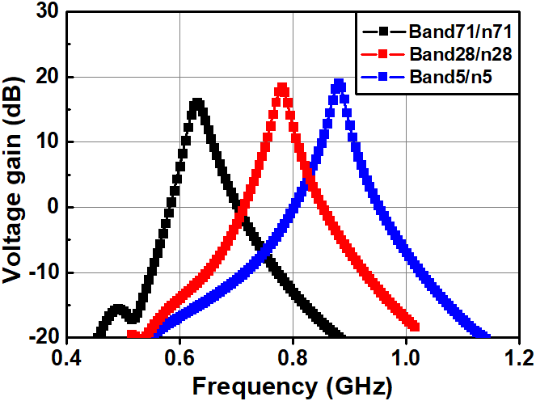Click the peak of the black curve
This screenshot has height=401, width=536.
pyautogui.click(x=196, y=103)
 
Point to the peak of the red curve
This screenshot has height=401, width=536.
pyautogui.click(x=281, y=87)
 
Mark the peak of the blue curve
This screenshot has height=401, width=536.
pyautogui.click(x=340, y=84)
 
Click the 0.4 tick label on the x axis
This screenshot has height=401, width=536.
pyautogui.click(x=67, y=356)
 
